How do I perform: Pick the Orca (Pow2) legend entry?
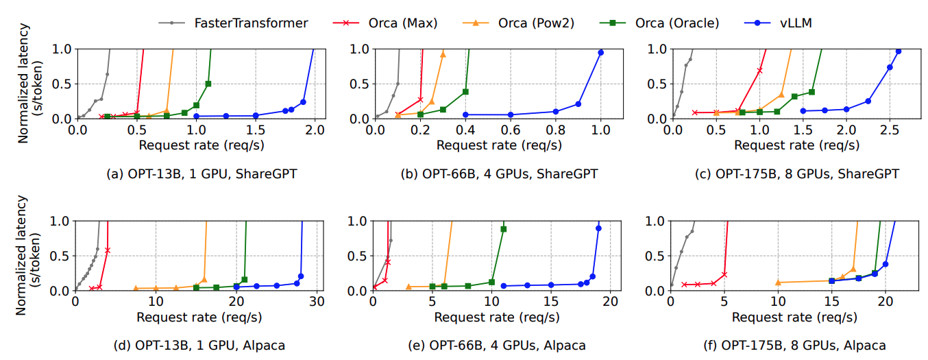coord(537,23)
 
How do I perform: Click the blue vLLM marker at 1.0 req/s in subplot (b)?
coord(601,53)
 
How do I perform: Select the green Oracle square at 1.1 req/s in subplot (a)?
coord(208,84)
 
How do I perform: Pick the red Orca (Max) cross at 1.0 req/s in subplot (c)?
coord(759,71)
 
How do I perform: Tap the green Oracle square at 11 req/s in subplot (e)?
coord(504,229)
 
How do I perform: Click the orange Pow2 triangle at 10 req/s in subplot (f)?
coord(778,283)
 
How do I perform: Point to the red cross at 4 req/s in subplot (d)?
coord(108,250)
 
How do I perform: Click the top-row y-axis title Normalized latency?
coord(29,84)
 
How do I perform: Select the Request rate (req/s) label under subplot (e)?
coord(491,317)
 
